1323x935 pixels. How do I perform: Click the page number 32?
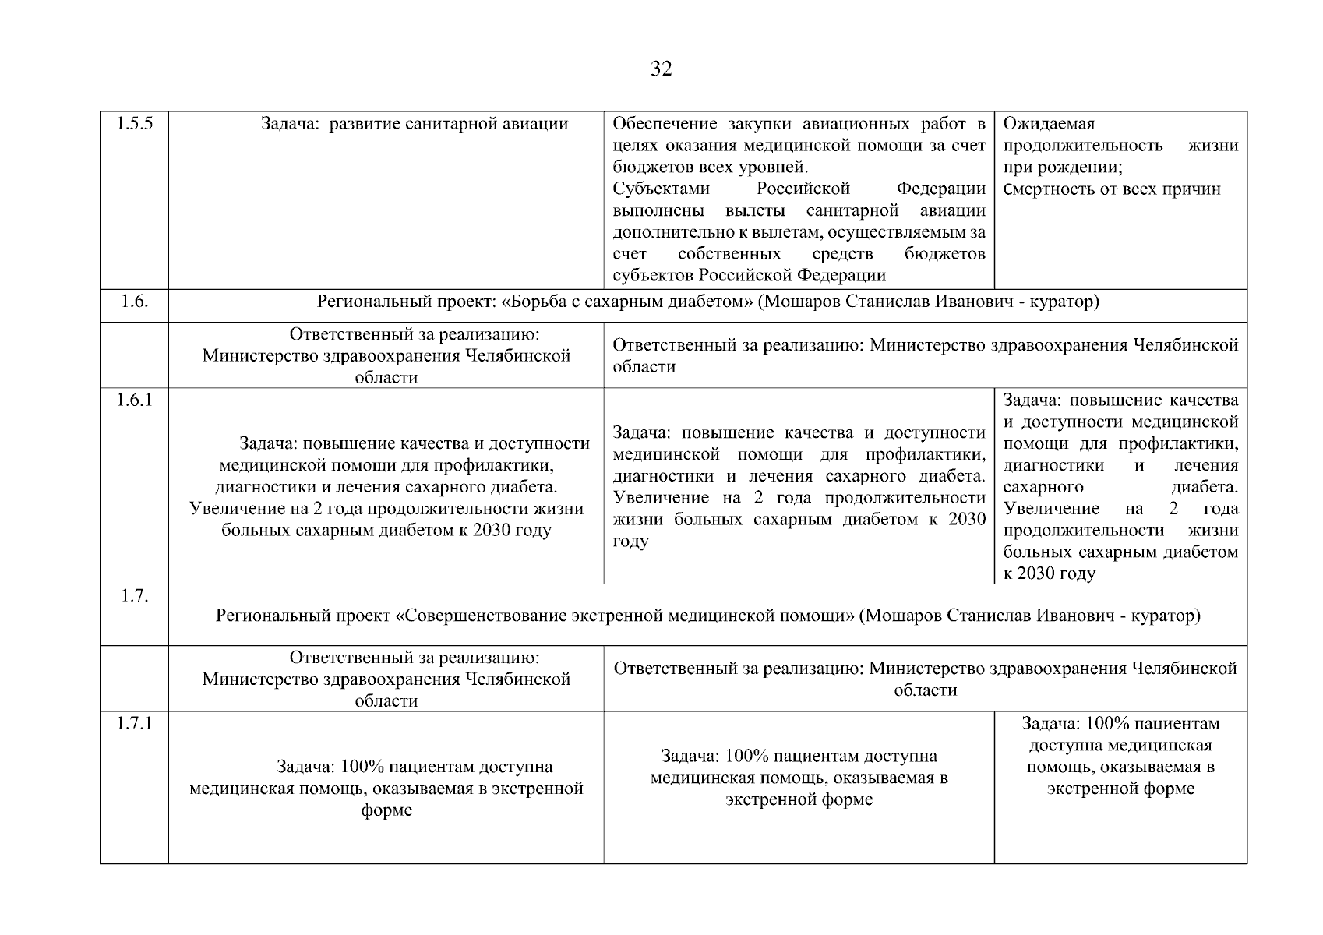661,69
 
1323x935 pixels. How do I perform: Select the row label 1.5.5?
134,123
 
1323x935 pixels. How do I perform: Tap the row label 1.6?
134,302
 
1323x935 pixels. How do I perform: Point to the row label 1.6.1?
134,400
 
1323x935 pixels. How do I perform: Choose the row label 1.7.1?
134,723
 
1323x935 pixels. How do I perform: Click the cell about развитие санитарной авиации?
415,124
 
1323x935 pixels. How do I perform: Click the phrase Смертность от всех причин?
1112,189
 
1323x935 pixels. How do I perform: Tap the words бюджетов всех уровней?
710,168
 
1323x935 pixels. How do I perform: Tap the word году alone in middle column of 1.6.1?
630,542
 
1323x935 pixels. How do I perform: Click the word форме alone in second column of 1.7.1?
386,810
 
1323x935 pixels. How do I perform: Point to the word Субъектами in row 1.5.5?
661,189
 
